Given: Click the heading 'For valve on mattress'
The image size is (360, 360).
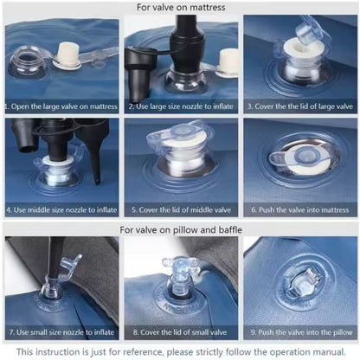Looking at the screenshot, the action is pyautogui.click(x=181, y=7).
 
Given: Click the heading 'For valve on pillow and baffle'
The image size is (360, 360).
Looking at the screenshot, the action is pyautogui.click(x=181, y=230).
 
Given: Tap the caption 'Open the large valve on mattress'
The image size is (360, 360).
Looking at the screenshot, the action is pyautogui.click(x=61, y=106).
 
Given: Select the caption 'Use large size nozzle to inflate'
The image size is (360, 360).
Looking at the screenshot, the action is pyautogui.click(x=181, y=106).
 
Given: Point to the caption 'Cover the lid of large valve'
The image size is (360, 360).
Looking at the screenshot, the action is pyautogui.click(x=300, y=106).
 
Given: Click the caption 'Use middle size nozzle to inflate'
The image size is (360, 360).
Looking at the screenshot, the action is pyautogui.click(x=61, y=209).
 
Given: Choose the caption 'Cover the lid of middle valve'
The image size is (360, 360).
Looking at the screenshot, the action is pyautogui.click(x=181, y=209).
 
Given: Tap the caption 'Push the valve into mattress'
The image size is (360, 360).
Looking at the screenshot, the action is pyautogui.click(x=300, y=209).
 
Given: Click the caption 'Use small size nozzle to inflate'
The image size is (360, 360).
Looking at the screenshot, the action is pyautogui.click(x=61, y=332).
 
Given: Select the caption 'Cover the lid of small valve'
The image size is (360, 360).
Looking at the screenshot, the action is pyautogui.click(x=180, y=332).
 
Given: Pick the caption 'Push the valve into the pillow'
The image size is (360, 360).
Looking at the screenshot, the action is pyautogui.click(x=301, y=332).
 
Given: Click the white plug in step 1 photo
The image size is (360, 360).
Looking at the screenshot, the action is pyautogui.click(x=69, y=55).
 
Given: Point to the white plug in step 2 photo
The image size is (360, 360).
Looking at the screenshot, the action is pyautogui.click(x=228, y=62).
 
